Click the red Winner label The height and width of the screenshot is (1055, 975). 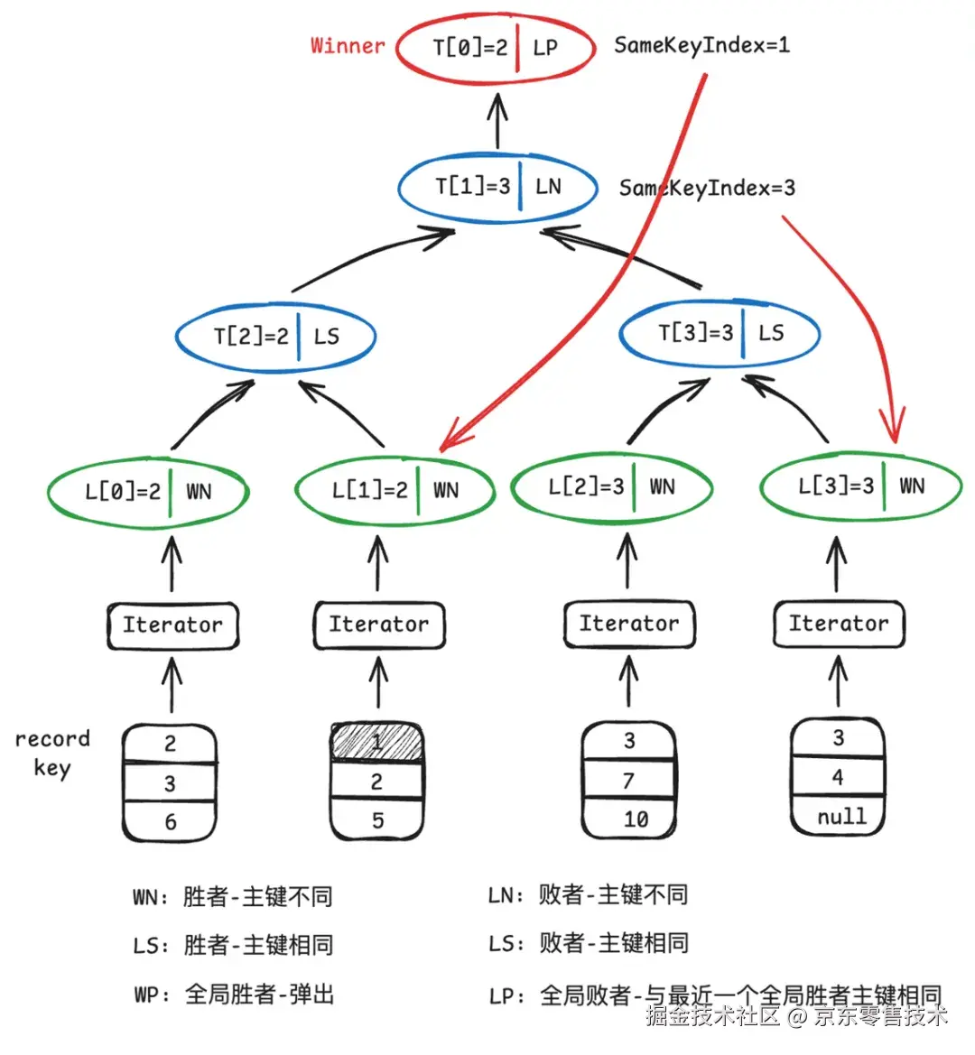348,46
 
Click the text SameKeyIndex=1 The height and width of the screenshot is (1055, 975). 701,46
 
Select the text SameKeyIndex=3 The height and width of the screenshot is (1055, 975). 707,188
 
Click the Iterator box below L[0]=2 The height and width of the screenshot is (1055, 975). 173,625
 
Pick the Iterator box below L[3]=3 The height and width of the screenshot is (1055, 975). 839,625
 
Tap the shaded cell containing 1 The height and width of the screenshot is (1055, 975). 376,742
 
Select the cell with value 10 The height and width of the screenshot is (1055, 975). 629,819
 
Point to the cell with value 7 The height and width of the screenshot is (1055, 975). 629,780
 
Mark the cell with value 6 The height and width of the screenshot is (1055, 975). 171,821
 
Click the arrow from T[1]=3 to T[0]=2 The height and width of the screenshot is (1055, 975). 498,121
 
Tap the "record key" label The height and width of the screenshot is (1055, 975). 52,754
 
